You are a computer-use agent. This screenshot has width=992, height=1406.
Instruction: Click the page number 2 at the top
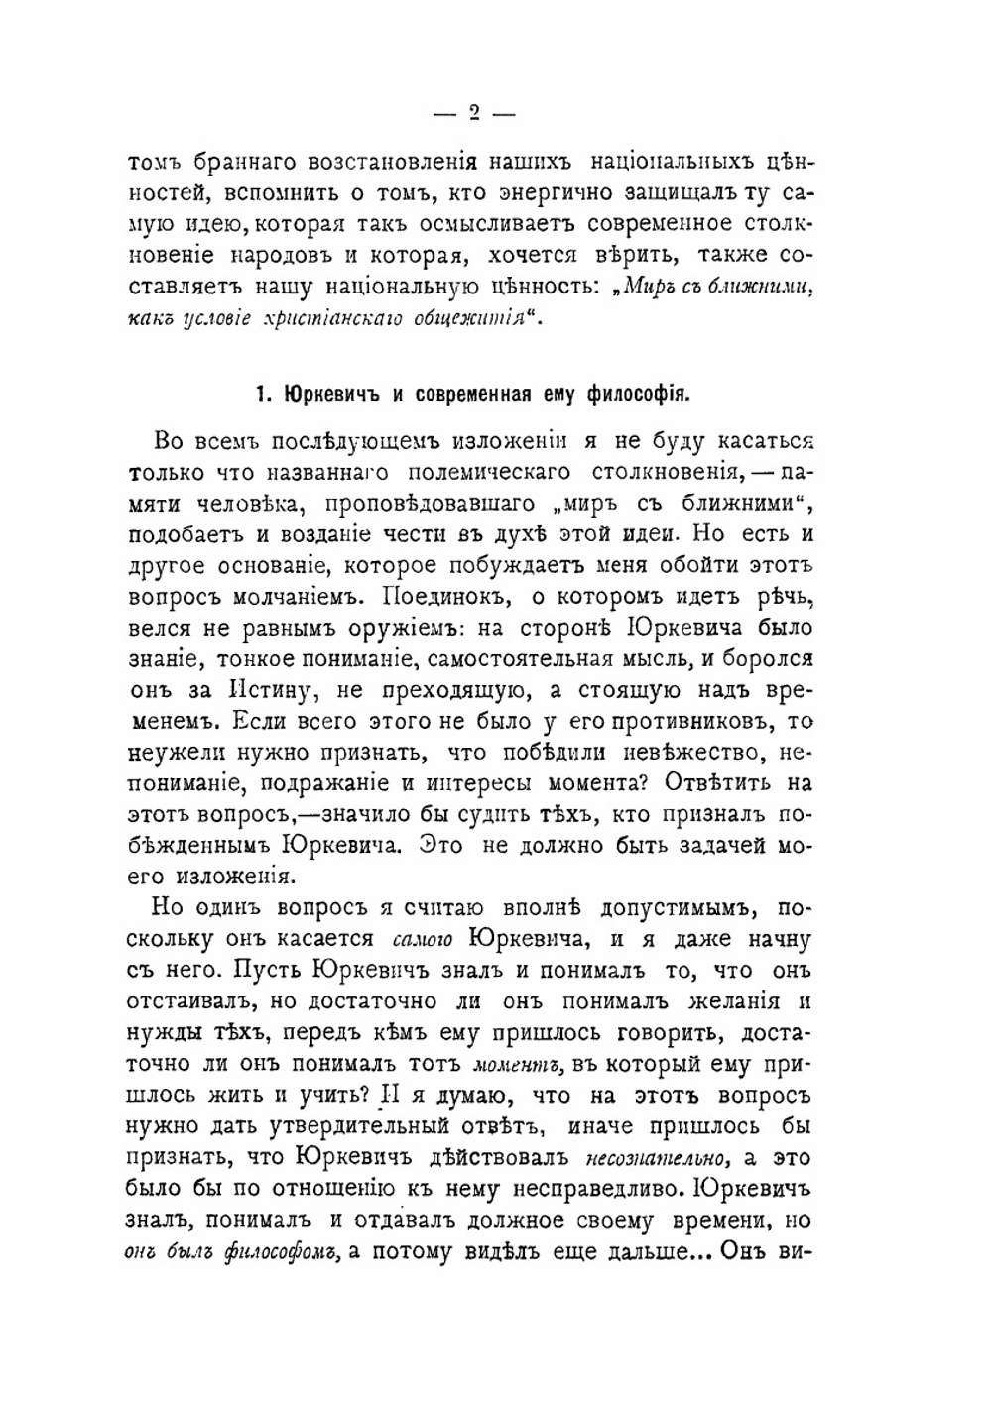tap(474, 113)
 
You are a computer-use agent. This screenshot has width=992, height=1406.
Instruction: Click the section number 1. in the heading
tap(264, 393)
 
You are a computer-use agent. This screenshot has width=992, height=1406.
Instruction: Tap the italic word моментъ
tap(520, 1064)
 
